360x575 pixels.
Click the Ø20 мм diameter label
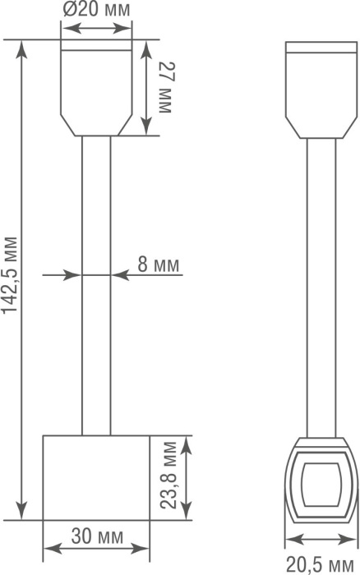(x=96, y=10)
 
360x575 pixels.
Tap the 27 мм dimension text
(x=165, y=87)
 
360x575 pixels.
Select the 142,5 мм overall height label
(x=10, y=275)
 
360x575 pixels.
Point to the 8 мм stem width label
(x=159, y=264)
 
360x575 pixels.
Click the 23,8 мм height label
(x=168, y=476)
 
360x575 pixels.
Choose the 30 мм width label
(x=97, y=536)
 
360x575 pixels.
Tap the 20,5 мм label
(x=320, y=564)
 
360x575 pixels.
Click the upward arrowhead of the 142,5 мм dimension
(x=22, y=48)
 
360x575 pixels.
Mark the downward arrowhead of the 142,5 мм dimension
(x=22, y=511)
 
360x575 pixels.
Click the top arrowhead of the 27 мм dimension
(x=146, y=50)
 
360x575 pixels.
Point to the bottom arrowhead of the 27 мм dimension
(x=146, y=126)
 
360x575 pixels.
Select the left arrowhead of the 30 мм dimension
(x=53, y=549)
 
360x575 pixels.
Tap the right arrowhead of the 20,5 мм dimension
(x=348, y=539)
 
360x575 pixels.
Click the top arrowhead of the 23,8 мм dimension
(x=187, y=445)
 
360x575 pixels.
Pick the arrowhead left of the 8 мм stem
(x=72, y=274)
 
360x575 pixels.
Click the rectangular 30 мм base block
(x=96, y=477)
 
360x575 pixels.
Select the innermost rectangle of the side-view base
(x=321, y=485)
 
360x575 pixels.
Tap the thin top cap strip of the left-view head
(x=96, y=44)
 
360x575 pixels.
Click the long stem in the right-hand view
(x=321, y=287)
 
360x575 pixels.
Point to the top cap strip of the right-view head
(x=321, y=48)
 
